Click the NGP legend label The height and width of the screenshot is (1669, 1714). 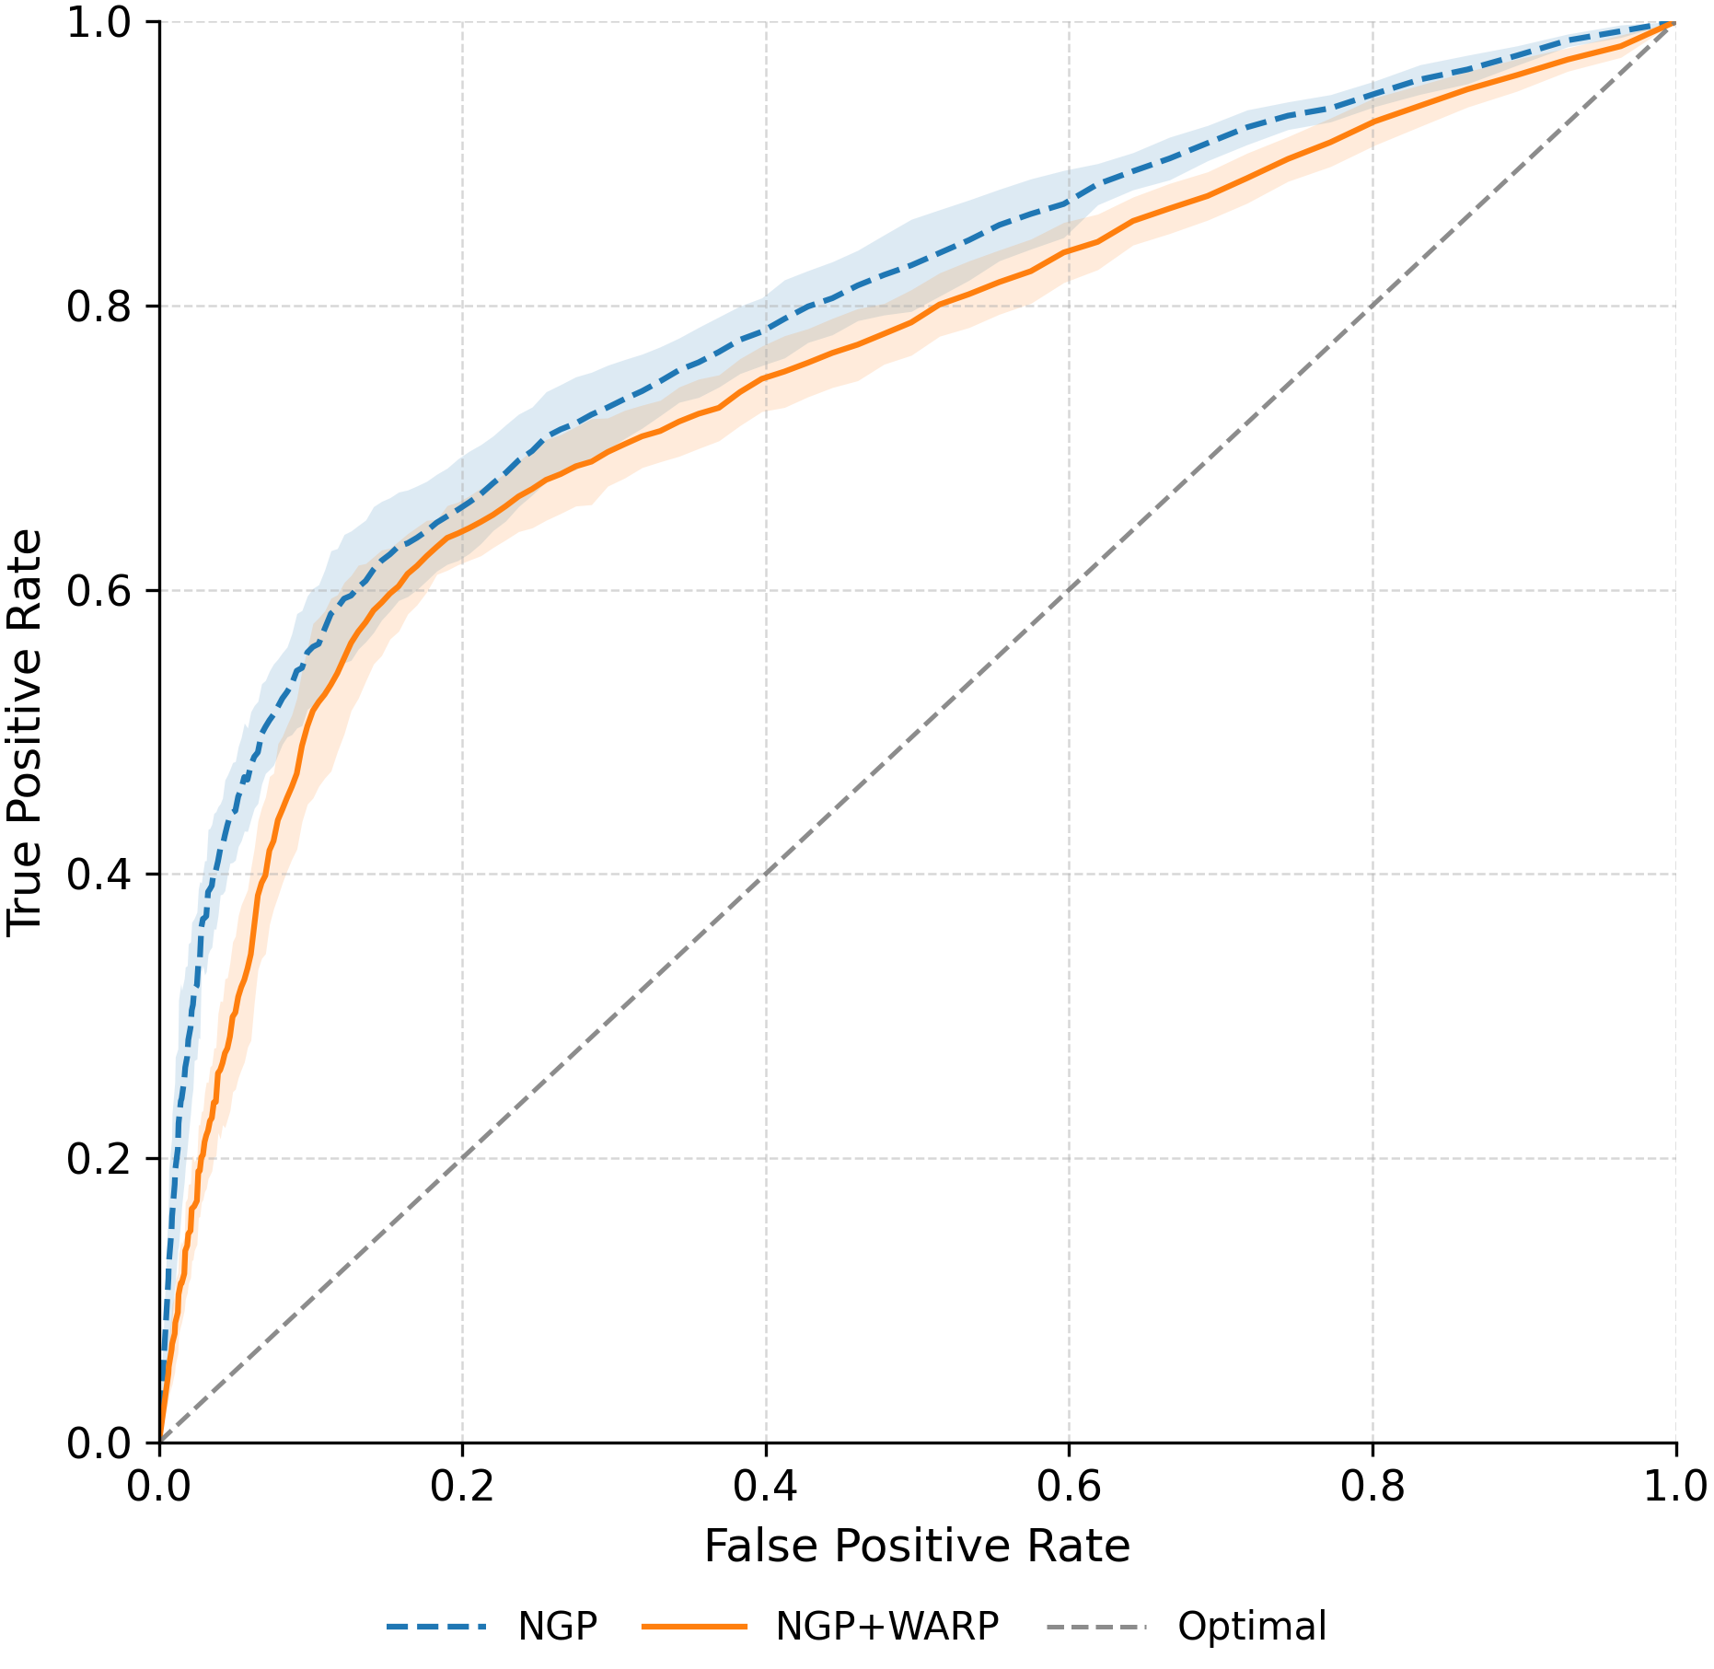click(x=557, y=1627)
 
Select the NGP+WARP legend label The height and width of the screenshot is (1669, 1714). click(x=886, y=1627)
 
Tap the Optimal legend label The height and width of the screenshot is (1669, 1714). click(x=1252, y=1627)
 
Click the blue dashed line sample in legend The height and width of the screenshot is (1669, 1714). click(x=435, y=1627)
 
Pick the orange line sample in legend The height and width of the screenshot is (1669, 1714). click(x=694, y=1627)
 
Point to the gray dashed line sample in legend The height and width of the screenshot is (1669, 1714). click(x=1096, y=1627)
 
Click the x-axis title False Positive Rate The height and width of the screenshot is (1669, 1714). click(x=917, y=1546)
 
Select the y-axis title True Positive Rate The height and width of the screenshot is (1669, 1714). click(x=26, y=732)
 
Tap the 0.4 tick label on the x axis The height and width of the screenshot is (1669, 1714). click(x=765, y=1487)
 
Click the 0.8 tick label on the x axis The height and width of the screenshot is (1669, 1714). click(x=1372, y=1487)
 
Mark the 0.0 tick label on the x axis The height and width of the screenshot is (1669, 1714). click(x=159, y=1487)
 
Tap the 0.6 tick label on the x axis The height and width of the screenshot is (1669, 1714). click(x=1069, y=1487)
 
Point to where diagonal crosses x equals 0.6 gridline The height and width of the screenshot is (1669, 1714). click(x=1069, y=590)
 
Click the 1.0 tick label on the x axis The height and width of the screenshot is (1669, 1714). click(x=1675, y=1487)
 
